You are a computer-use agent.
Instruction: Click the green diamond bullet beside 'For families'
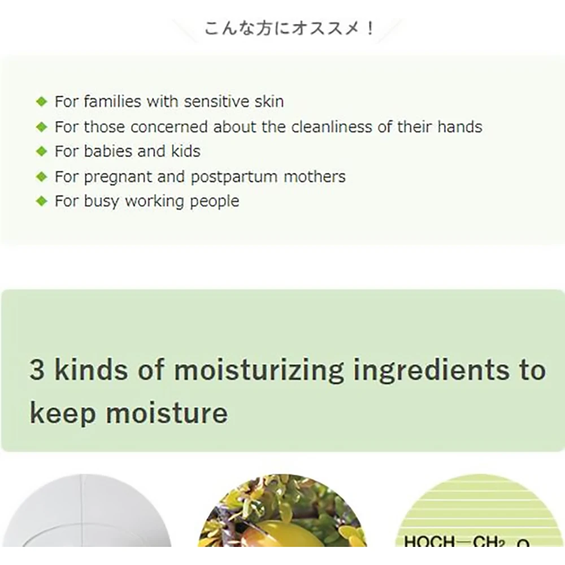click(x=42, y=102)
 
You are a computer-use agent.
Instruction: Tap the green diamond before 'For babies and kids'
click(x=42, y=151)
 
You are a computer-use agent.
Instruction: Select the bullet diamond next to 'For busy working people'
click(x=42, y=201)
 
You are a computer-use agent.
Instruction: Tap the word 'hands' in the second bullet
click(x=460, y=127)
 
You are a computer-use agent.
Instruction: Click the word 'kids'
click(x=185, y=151)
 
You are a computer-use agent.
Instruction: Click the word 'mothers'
click(x=315, y=176)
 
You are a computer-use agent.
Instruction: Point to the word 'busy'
click(x=101, y=202)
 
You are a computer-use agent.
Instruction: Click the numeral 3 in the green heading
click(x=37, y=370)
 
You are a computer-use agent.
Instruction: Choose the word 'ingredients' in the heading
click(x=431, y=371)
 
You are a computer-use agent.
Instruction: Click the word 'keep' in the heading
click(x=63, y=414)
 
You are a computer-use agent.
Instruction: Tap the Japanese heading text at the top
click(x=290, y=28)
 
